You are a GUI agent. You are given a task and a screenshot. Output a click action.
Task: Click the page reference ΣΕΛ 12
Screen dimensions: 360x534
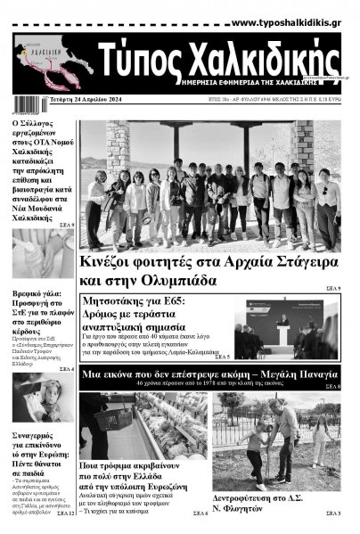point(66,513)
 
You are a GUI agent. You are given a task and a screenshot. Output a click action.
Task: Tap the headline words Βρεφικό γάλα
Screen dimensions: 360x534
point(37,293)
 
